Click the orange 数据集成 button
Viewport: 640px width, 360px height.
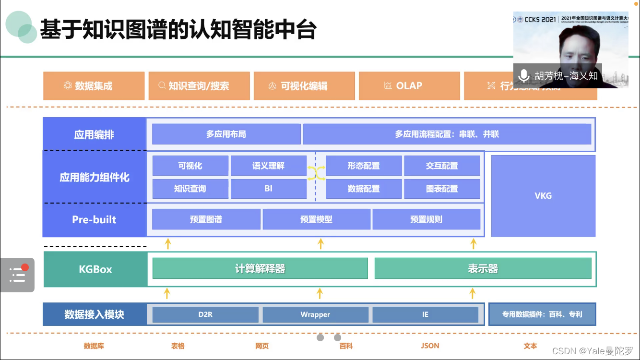(94, 86)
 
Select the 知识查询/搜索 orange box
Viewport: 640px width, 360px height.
(199, 86)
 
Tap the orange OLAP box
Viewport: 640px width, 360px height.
(409, 86)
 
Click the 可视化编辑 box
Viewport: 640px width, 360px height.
(304, 86)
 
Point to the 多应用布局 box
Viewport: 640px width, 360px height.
(226, 134)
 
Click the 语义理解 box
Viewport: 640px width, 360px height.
(268, 166)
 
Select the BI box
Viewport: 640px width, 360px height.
(268, 189)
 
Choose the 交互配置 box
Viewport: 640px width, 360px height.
(442, 166)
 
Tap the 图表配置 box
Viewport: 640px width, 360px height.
(442, 189)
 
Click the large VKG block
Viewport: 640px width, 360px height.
(543, 195)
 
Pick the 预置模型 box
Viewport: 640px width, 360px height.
(316, 219)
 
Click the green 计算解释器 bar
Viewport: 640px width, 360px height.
(260, 268)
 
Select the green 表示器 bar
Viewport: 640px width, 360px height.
(483, 268)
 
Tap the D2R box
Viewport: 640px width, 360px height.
(205, 314)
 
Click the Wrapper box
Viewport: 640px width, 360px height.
(315, 314)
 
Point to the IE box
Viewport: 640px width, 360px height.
(425, 314)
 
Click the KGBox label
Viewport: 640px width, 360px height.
(95, 269)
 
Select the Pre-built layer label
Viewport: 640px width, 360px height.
(94, 219)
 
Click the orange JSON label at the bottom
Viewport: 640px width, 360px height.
(430, 346)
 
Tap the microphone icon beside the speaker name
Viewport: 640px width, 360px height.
(523, 76)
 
